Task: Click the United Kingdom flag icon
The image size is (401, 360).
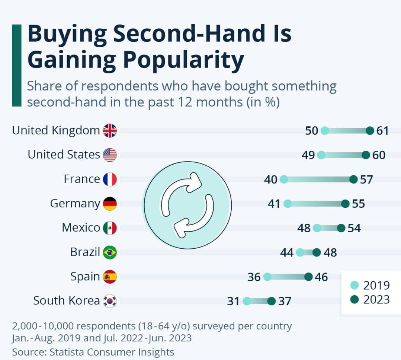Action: [x=110, y=131]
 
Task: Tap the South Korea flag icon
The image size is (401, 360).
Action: [x=110, y=301]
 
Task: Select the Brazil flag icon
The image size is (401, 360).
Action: [x=110, y=252]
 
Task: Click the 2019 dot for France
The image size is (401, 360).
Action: [x=284, y=179]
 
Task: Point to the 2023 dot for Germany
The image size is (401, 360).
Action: [x=345, y=204]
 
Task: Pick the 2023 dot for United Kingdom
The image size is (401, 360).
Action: [x=370, y=131]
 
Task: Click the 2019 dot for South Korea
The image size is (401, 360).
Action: [x=247, y=301]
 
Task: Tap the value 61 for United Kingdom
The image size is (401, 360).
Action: [x=382, y=131]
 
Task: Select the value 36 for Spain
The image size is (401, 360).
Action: [x=254, y=277]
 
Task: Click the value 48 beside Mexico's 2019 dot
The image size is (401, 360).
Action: [x=304, y=228]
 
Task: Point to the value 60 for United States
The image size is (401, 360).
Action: [x=379, y=155]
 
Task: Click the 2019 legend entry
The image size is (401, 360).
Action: [x=370, y=286]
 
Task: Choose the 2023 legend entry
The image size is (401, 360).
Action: [x=370, y=299]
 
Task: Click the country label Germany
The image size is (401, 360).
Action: [x=75, y=204]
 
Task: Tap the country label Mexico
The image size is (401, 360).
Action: [x=81, y=228]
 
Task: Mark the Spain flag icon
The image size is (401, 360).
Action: [x=110, y=277]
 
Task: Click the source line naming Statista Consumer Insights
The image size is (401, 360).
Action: [x=93, y=352]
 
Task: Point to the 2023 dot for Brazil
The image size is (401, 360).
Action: [x=317, y=252]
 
